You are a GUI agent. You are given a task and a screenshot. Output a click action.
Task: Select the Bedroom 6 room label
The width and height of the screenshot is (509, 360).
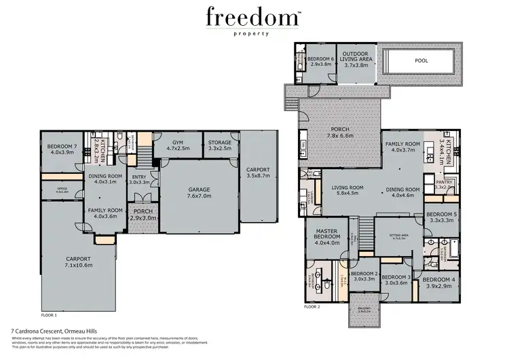[321, 62]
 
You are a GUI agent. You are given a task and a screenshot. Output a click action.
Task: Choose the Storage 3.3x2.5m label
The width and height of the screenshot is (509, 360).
[220, 145]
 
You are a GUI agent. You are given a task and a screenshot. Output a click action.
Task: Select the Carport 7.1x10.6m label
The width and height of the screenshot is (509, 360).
[79, 262]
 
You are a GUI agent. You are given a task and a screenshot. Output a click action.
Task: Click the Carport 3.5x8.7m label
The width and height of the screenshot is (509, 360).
[259, 173]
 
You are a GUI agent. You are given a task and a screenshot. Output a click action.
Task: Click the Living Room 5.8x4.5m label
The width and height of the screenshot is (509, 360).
[343, 192]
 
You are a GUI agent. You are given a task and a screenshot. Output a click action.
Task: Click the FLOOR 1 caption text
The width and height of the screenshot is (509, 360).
[50, 315]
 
